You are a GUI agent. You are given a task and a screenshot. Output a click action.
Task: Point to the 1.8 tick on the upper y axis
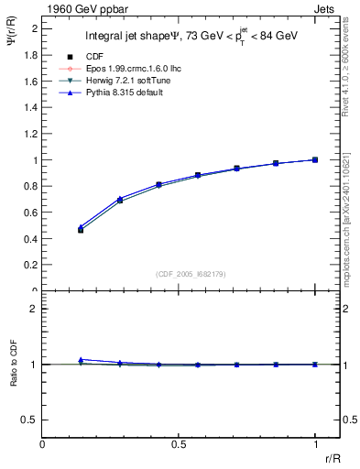click(x=30, y=55)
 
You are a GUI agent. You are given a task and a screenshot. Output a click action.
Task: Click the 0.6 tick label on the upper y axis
click(x=30, y=213)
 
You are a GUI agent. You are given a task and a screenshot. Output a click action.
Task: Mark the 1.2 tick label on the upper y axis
click(x=30, y=134)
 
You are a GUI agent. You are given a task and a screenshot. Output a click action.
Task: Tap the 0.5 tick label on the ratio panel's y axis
click(x=30, y=420)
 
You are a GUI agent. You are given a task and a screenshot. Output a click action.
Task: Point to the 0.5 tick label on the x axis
click(x=179, y=445)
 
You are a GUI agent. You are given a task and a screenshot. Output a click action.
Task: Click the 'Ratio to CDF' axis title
click(x=13, y=376)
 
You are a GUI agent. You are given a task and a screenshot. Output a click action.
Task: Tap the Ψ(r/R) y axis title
click(x=13, y=46)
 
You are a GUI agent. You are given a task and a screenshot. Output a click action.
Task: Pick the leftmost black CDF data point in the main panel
click(x=81, y=230)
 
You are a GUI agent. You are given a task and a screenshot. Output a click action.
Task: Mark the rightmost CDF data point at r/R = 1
click(x=315, y=159)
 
